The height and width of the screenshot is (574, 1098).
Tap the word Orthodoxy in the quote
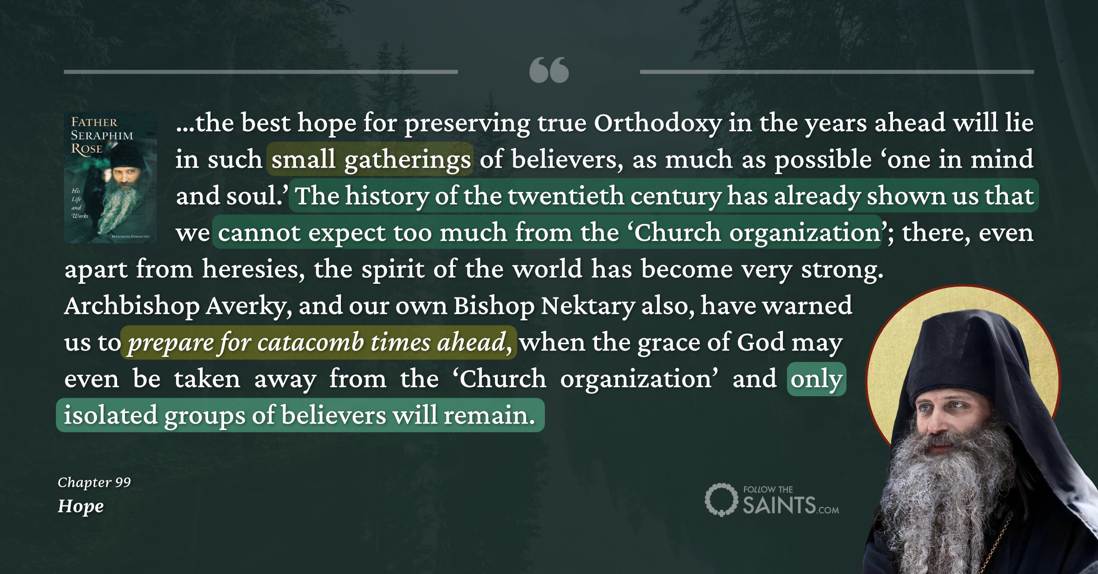[x=657, y=123]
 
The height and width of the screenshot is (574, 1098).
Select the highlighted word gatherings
[x=407, y=160]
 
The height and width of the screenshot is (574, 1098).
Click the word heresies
[x=253, y=270]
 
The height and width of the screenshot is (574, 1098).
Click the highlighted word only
[x=816, y=379]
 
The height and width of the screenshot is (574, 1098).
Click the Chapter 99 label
[x=94, y=482]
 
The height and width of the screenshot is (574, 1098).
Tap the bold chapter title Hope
[x=81, y=506]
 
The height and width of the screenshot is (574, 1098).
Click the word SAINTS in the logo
[x=779, y=505]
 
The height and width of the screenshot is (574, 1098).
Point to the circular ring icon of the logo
[x=721, y=500]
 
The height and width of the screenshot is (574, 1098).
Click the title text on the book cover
[x=102, y=135]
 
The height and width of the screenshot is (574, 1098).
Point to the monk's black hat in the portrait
[x=956, y=352]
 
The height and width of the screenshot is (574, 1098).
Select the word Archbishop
[x=132, y=306]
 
